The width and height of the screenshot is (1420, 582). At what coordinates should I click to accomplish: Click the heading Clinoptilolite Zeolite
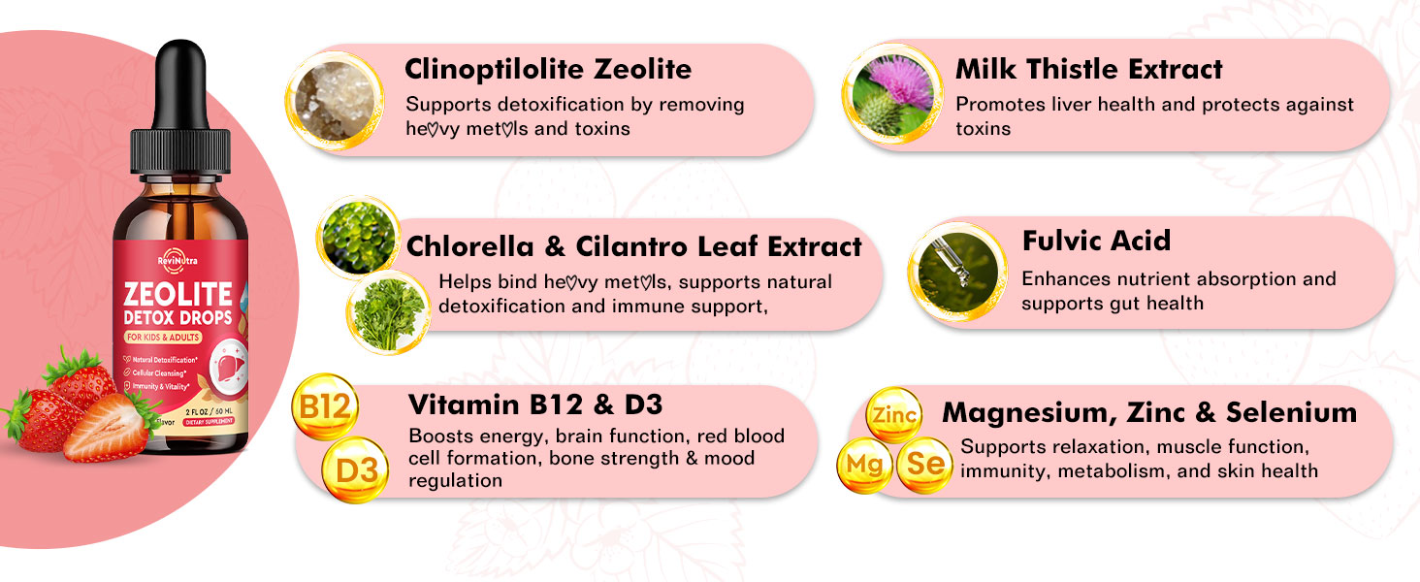click(x=548, y=70)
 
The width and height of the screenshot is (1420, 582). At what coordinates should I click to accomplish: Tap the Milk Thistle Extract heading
click(x=1088, y=70)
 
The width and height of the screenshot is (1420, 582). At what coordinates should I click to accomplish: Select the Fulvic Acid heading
click(x=1096, y=241)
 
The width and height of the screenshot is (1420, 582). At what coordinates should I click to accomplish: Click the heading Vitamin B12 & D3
click(x=535, y=404)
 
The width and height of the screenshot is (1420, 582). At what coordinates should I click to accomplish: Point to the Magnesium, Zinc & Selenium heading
click(x=1149, y=412)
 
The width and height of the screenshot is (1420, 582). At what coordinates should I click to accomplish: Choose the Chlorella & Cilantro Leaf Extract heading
click(x=634, y=246)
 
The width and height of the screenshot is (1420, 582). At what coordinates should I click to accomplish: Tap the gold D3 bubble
click(x=355, y=469)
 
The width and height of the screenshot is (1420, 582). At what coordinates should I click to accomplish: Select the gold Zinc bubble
click(x=892, y=414)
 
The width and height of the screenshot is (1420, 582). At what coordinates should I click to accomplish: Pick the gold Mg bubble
click(x=864, y=465)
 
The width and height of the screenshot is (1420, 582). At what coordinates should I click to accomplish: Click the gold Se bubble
click(x=924, y=465)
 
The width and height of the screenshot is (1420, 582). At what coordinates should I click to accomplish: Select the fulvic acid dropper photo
click(x=957, y=270)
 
